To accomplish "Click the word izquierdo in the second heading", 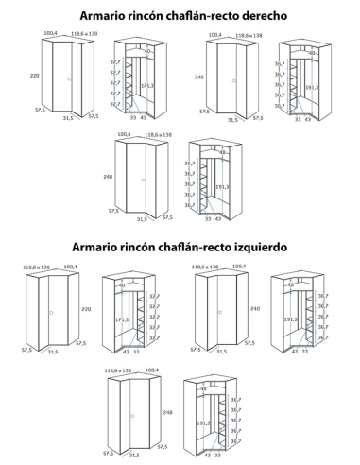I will (254, 247).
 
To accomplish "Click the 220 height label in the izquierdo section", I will (86, 309).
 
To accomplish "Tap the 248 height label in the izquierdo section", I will (168, 412).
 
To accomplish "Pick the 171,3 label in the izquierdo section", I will (108, 320).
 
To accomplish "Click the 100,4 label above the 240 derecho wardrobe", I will (215, 35).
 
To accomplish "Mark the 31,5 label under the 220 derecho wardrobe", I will (67, 120).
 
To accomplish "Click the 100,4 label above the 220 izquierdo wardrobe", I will (70, 267).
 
